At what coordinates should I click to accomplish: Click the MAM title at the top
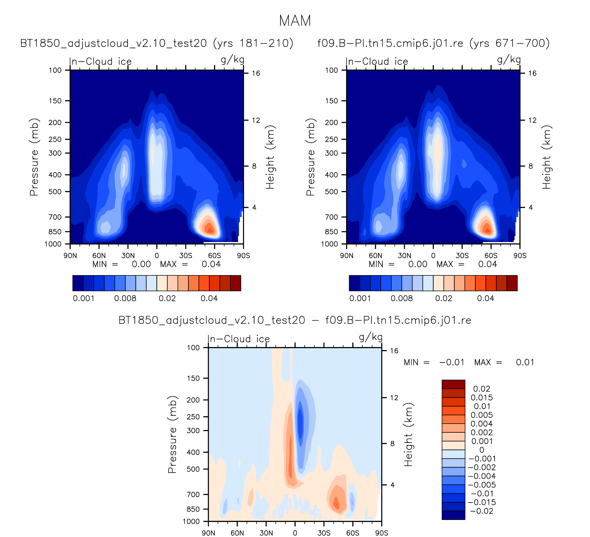tap(295, 21)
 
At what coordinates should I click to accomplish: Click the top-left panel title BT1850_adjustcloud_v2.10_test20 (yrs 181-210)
tap(157, 43)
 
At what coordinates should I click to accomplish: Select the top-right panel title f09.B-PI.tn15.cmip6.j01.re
tap(433, 43)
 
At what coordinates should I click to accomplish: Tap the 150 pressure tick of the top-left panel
tap(55, 101)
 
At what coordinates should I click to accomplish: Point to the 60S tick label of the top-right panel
tap(491, 256)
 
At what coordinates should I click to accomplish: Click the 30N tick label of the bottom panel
tap(266, 533)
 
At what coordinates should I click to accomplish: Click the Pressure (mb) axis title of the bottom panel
tap(172, 435)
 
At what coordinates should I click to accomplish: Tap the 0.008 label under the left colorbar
tap(125, 298)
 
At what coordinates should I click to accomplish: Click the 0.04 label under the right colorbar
tap(485, 298)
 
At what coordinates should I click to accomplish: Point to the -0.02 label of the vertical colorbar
tap(482, 511)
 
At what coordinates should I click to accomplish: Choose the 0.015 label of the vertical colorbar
tap(482, 398)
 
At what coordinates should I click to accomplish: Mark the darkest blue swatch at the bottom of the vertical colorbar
tap(453, 515)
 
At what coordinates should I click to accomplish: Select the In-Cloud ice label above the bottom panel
tap(238, 339)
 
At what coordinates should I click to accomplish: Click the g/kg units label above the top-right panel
tap(509, 60)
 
